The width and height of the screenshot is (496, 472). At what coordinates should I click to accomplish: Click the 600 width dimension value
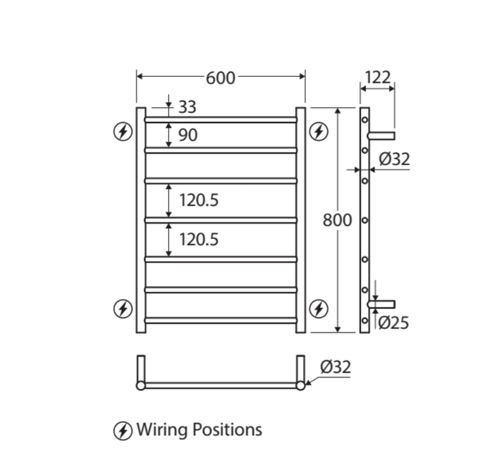click(x=220, y=78)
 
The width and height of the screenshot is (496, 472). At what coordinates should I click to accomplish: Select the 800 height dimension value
click(x=337, y=220)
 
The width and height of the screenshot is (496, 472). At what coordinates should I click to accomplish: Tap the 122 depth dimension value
click(x=377, y=77)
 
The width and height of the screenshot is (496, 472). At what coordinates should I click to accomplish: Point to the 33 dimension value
click(x=187, y=107)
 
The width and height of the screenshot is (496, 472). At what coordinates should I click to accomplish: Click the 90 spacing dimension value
click(x=187, y=135)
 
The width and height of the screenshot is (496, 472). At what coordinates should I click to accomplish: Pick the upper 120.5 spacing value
click(x=199, y=200)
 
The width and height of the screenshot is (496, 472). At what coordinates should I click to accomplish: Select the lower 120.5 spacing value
click(x=199, y=240)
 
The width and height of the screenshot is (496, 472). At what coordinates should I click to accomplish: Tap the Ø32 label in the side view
click(x=395, y=159)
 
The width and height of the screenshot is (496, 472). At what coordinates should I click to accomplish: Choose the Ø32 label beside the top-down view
click(x=335, y=367)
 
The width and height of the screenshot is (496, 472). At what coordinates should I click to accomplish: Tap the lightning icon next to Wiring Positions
click(x=122, y=431)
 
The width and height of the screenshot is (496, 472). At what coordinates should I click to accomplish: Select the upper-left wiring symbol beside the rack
click(x=123, y=131)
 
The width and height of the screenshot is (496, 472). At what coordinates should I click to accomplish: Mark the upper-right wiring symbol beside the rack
click(x=318, y=131)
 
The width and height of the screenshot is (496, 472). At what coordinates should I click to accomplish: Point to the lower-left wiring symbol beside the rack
click(x=123, y=309)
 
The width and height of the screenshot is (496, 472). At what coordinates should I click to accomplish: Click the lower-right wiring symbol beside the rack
click(x=318, y=309)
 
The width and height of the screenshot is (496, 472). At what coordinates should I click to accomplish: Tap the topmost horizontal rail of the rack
click(x=220, y=120)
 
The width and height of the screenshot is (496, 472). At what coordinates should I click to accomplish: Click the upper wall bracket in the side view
click(x=382, y=133)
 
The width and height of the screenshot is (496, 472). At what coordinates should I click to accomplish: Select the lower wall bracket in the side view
click(x=382, y=304)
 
